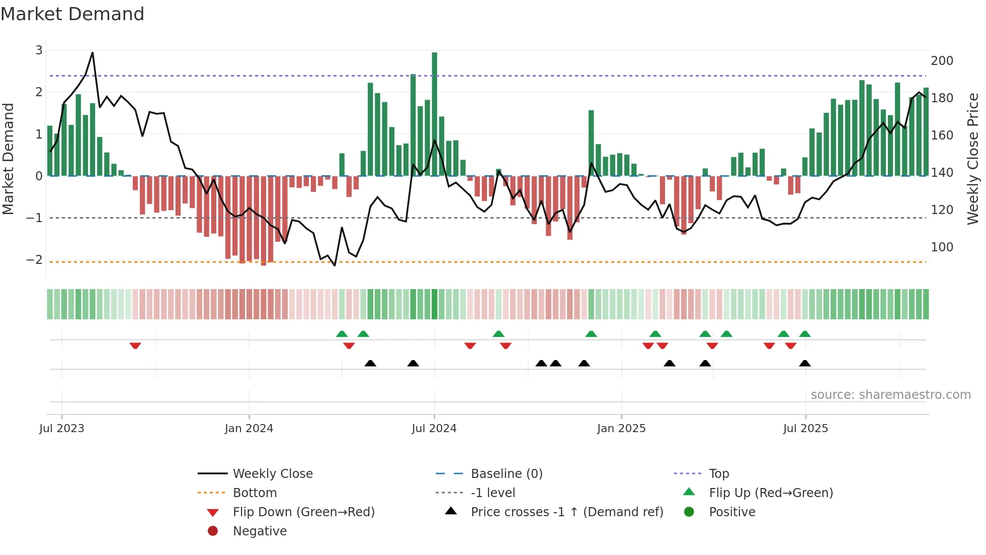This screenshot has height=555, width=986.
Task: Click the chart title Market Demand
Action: pos(72,14)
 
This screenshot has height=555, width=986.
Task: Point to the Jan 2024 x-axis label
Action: pos(249,429)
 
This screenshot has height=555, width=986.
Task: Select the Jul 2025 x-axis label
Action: pos(805,429)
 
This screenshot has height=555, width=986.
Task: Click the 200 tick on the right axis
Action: pos(942,61)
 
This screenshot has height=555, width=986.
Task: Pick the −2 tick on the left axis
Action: pos(35,260)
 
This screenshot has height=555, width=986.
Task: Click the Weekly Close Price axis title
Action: pos(973,159)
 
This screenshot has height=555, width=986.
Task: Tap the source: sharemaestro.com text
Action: pos(890,395)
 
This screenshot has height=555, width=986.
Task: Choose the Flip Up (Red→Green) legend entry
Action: pos(771,493)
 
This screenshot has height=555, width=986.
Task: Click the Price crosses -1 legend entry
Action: pos(566,512)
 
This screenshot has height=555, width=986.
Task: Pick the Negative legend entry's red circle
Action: pos(213,531)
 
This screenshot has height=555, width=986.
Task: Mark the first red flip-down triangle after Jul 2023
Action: pos(135,346)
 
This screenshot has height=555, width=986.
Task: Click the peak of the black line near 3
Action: pos(93,52)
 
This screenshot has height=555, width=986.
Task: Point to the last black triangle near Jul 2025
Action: pos(805,364)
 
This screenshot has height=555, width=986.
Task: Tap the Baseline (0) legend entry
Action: pos(506,474)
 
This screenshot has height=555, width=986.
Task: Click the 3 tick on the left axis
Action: pos(39,50)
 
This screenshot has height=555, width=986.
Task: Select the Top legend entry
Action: pos(719,474)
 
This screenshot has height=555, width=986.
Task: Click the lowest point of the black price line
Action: pos(335,265)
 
